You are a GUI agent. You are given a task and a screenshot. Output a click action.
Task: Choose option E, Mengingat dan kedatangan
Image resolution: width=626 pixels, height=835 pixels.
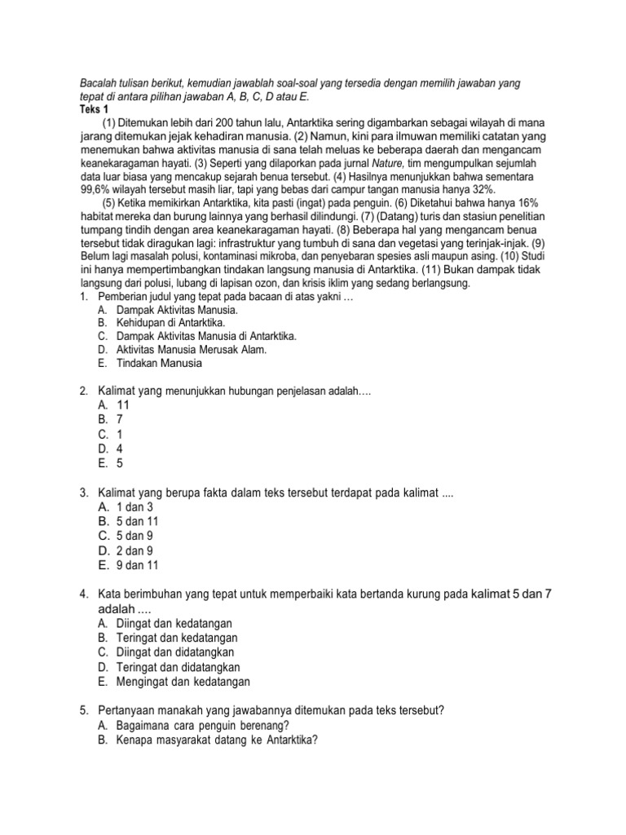[x=183, y=682]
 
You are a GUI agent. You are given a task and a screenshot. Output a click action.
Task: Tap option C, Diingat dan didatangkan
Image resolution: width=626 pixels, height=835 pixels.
[x=177, y=652]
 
